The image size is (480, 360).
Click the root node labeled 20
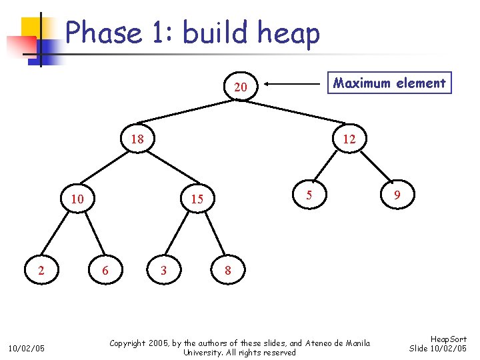tap(241, 87)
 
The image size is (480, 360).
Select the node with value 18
tap(137, 139)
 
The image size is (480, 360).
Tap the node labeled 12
tap(349, 139)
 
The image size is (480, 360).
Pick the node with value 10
tap(77, 199)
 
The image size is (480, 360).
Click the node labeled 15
tap(197, 199)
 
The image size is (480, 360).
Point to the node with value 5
tap(309, 195)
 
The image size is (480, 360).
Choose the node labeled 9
tap(397, 195)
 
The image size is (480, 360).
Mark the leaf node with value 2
tap(41, 270)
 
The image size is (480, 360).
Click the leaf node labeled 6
tap(105, 270)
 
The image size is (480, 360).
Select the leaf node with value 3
tap(163, 270)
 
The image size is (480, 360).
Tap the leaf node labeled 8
tap(228, 270)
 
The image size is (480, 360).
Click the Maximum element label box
tap(389, 83)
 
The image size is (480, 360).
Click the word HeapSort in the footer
tap(449, 339)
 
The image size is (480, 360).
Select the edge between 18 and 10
tap(107, 169)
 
